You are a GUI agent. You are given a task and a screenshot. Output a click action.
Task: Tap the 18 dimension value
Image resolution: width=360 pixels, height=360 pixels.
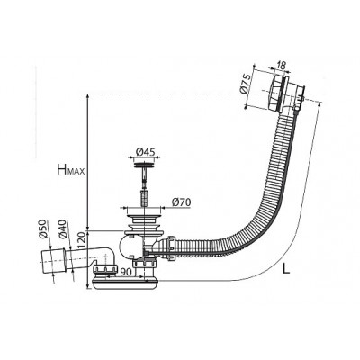click(x=282, y=66)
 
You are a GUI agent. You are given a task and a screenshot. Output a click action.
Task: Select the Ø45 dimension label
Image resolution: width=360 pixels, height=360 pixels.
click(x=146, y=152)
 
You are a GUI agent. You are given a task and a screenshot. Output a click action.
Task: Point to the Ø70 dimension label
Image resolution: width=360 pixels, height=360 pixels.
click(x=181, y=202)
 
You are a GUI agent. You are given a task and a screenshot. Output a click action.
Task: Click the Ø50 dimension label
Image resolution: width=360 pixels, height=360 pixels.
click(x=44, y=229)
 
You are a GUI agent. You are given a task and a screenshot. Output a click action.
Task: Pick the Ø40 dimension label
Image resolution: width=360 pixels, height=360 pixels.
click(x=63, y=230)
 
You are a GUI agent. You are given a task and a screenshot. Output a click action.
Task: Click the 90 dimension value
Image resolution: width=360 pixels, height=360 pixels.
click(x=126, y=272)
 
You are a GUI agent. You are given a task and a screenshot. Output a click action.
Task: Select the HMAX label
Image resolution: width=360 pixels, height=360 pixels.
click(x=71, y=170)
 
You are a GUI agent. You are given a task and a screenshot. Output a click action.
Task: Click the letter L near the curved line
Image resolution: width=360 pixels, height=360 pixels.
click(x=286, y=269)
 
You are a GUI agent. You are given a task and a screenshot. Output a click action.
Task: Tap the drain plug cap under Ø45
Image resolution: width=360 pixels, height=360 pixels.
click(x=144, y=165)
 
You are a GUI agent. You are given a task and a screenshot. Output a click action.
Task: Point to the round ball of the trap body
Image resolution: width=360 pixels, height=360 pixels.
click(x=129, y=247)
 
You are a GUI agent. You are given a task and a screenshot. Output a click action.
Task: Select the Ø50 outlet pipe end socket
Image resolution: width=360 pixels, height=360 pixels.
click(x=53, y=259)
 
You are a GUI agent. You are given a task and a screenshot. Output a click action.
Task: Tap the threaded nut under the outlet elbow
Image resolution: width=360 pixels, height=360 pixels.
click(x=105, y=269)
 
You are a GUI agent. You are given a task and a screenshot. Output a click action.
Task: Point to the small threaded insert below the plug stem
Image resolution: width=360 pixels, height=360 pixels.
click(x=144, y=198)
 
